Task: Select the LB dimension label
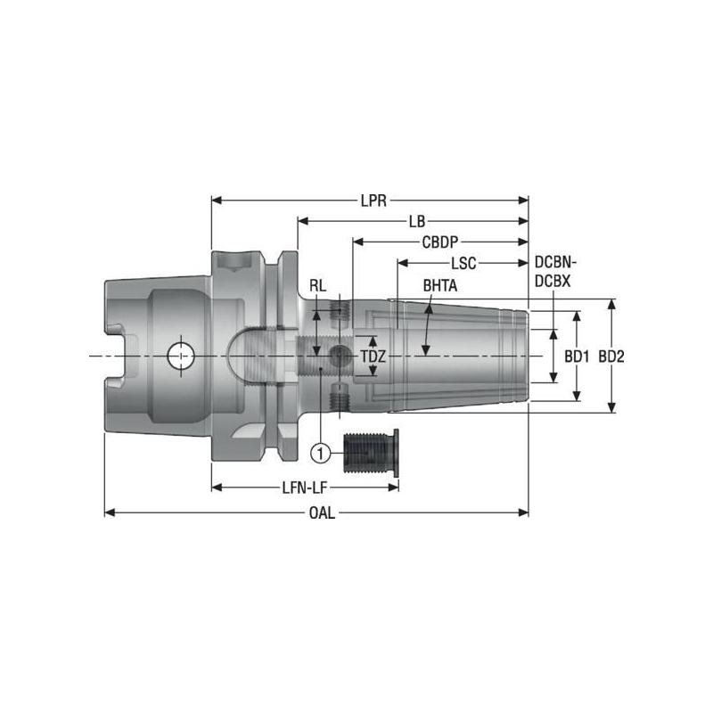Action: [x=416, y=221]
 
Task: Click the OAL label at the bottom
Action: [x=323, y=513]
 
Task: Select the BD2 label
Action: [x=611, y=356]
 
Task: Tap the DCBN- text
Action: [x=555, y=263]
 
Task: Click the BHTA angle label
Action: [x=439, y=285]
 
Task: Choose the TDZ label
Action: [x=373, y=356]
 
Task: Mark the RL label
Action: [x=317, y=286]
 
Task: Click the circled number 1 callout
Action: [x=320, y=453]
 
